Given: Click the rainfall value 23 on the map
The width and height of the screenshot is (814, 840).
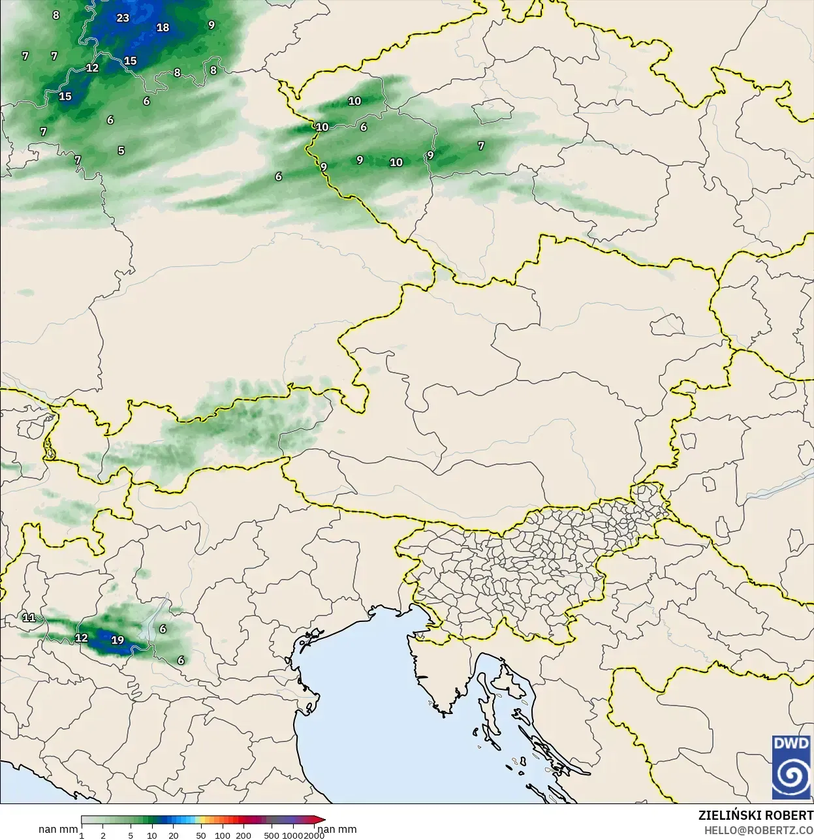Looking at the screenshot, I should (123, 18).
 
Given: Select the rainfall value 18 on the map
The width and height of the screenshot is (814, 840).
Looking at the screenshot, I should (163, 27).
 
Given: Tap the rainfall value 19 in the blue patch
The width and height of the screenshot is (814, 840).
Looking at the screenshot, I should (117, 640).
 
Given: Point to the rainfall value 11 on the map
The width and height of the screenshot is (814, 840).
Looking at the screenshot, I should (29, 617).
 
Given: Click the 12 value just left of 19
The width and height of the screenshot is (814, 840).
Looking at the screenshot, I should (81, 638).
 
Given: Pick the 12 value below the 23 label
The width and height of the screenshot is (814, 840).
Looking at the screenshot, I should (92, 68).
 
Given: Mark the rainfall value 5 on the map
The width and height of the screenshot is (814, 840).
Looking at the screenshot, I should (121, 151).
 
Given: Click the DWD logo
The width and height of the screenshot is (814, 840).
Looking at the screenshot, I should (791, 767).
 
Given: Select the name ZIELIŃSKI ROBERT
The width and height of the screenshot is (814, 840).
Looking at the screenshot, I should (755, 816).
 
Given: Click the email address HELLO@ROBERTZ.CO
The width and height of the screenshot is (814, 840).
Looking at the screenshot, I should (758, 830).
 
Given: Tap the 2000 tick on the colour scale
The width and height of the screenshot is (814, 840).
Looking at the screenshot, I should (314, 835).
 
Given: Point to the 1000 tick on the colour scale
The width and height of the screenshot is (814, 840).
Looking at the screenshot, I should (293, 835).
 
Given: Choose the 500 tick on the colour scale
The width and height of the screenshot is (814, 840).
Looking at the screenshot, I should (272, 835).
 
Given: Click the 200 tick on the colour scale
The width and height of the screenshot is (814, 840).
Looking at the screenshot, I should (243, 835).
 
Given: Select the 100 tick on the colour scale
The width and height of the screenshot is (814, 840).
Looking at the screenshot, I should (223, 835).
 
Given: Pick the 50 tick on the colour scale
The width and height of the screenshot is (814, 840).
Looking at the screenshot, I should (201, 835).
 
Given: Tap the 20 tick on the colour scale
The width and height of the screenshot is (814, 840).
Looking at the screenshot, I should (173, 835).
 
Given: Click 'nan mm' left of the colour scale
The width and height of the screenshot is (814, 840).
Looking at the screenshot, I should (58, 829).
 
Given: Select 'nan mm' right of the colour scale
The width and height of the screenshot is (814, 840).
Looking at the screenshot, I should (337, 829).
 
